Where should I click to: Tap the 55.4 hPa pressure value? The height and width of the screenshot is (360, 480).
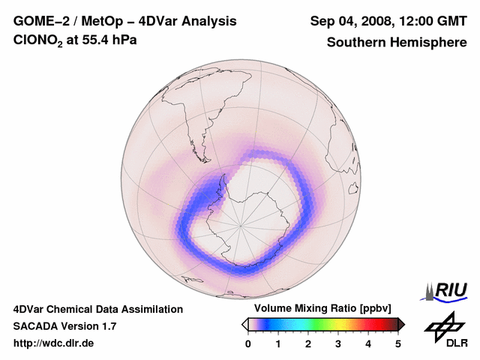tap(106, 41)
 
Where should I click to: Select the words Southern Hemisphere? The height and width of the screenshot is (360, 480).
tap(397, 42)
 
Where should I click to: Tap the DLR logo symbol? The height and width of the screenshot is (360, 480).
tap(442, 325)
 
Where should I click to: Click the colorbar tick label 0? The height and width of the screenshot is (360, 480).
tap(248, 343)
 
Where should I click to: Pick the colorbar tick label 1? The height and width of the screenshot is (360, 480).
tap(278, 343)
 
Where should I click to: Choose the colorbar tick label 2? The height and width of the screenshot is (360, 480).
tap(308, 343)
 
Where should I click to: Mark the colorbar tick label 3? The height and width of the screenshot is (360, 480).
tap(338, 343)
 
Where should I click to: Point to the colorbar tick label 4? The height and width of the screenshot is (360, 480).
tap(368, 343)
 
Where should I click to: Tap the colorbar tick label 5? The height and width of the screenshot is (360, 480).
tap(398, 343)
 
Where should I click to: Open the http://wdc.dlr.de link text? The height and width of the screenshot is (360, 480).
tap(54, 343)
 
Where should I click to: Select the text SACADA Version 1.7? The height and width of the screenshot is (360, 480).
tap(64, 326)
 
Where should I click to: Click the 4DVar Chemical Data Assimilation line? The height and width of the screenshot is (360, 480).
tap(97, 309)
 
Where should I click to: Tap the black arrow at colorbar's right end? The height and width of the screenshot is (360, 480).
tap(400, 324)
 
